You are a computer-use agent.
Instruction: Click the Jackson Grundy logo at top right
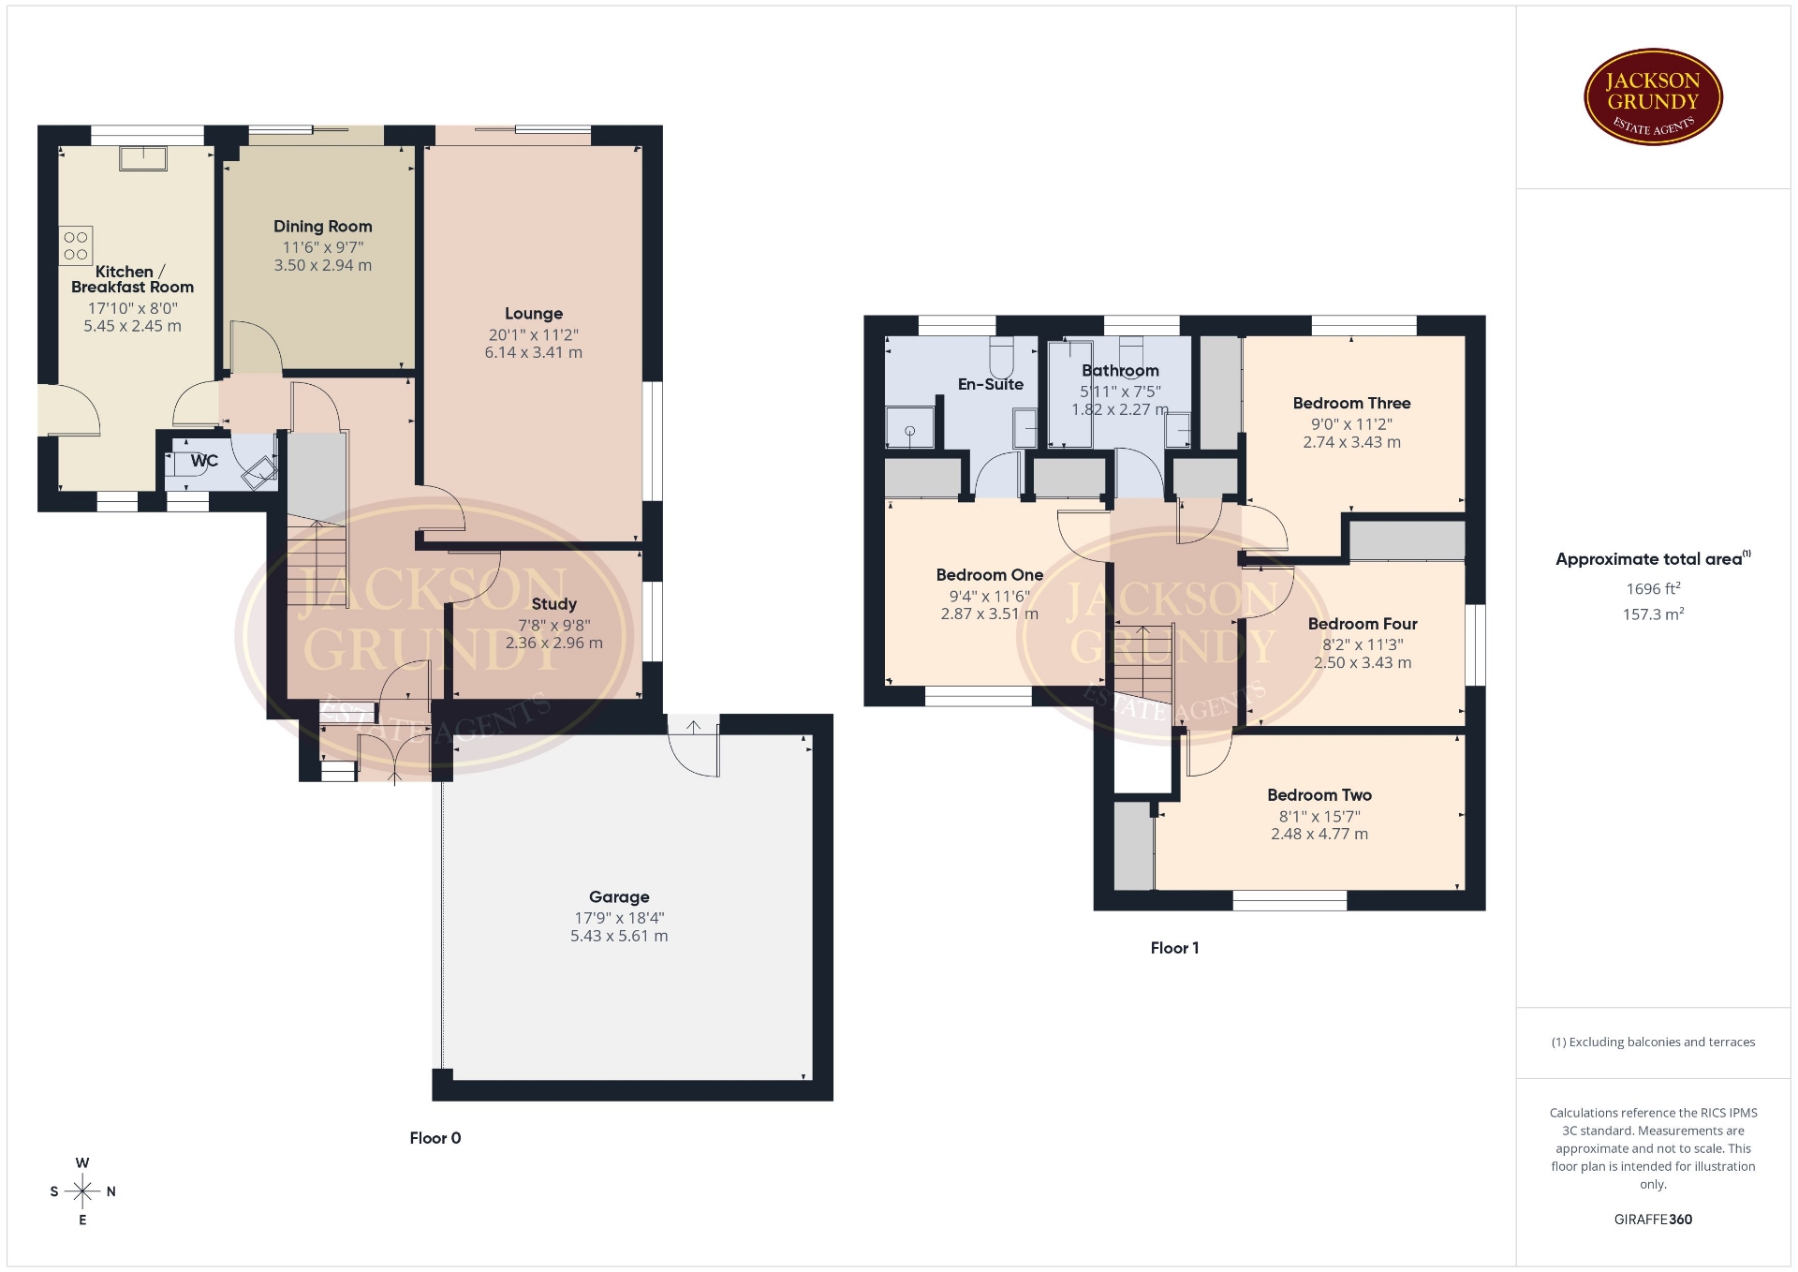(x=1653, y=97)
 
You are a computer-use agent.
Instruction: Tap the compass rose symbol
(x=82, y=1191)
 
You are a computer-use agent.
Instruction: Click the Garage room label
(x=619, y=897)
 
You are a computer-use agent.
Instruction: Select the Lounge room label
(x=534, y=314)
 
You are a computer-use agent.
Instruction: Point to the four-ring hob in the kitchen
(x=77, y=245)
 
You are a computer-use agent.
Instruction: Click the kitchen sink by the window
(x=143, y=158)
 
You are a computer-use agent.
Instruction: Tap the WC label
(x=204, y=461)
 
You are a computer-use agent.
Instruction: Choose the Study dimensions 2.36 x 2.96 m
(x=554, y=643)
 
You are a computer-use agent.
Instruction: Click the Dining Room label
(x=323, y=227)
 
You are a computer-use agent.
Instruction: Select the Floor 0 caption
(x=435, y=1138)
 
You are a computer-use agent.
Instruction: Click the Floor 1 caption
(x=1174, y=948)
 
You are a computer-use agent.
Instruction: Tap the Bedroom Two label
(x=1319, y=795)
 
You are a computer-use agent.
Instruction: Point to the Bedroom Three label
(x=1351, y=404)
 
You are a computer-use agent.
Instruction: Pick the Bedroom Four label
(x=1363, y=624)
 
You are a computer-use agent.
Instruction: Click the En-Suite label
(x=991, y=384)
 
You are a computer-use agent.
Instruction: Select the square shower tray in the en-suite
(x=910, y=428)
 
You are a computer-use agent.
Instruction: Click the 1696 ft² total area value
(x=1654, y=589)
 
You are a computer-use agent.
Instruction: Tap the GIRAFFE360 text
(x=1654, y=1220)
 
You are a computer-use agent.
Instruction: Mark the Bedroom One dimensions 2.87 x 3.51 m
(x=990, y=614)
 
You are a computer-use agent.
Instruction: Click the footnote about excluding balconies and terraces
(x=1654, y=1043)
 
